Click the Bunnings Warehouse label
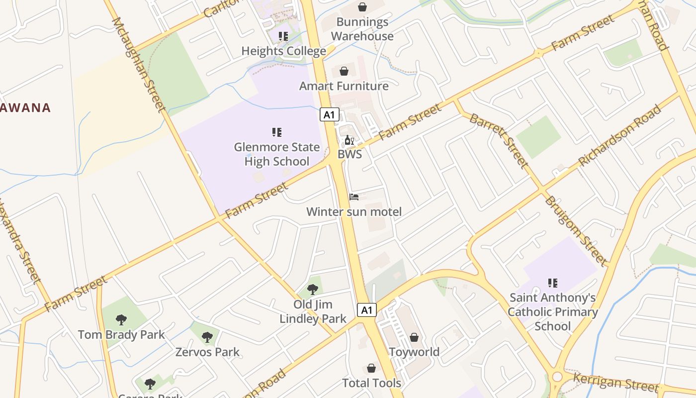coord(362,29)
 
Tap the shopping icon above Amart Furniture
coord(344,71)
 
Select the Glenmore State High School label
coord(277,154)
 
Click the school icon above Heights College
coord(283,36)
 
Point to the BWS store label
coord(350,154)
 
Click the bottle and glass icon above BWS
coord(349,140)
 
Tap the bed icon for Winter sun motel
coord(354,197)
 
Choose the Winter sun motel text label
coord(354,211)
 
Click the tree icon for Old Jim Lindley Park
coord(313,289)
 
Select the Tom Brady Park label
coord(121,335)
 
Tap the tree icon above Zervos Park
coord(207,337)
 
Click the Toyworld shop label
coord(414,352)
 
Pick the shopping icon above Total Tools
coord(371,368)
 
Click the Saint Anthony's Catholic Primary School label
coord(552,312)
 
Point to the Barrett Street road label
coord(499,140)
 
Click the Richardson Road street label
coord(619,135)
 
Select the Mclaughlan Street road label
coord(139,65)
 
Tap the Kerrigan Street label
coord(616,382)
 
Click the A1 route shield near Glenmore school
coord(329,115)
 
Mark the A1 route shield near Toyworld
coord(367,310)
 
